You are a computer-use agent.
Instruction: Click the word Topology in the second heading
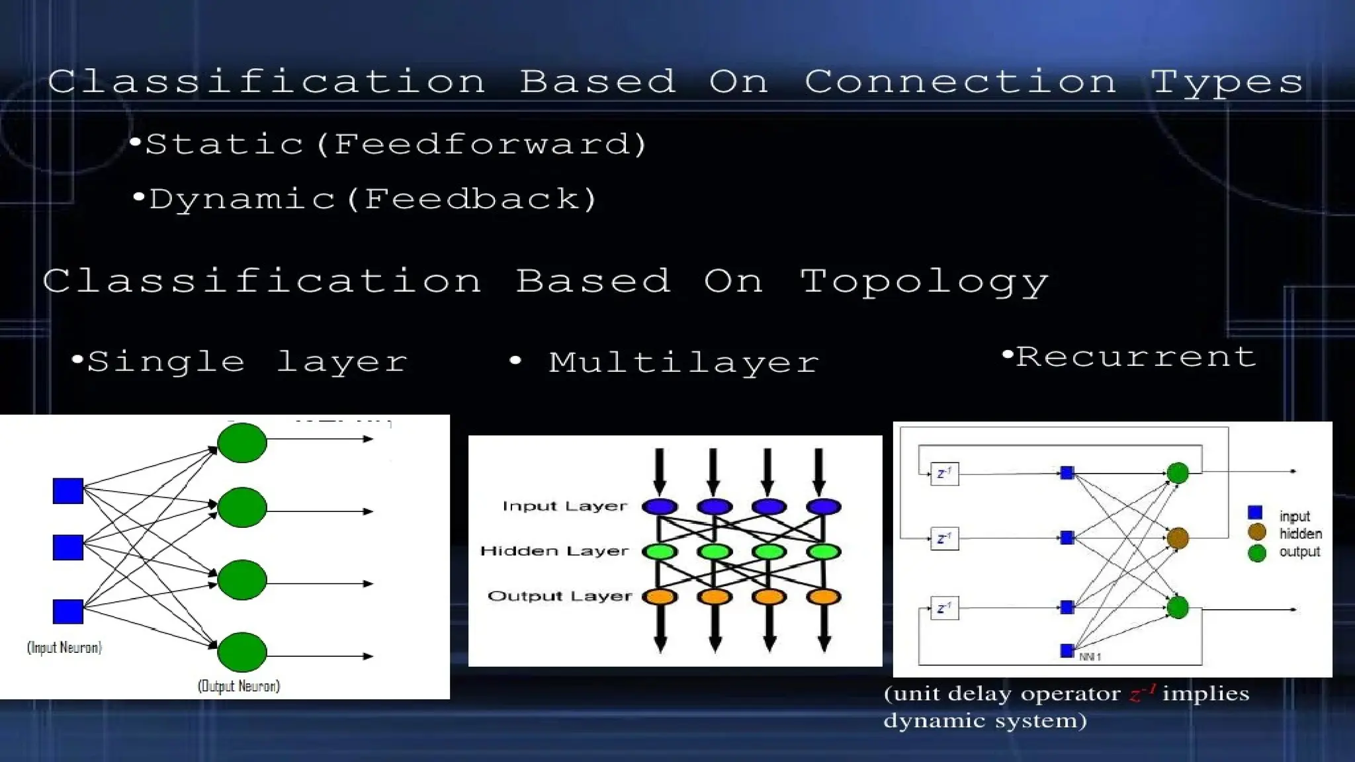924,282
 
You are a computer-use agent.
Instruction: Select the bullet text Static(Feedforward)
396,144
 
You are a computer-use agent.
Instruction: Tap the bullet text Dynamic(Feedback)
373,199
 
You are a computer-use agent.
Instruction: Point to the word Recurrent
1135,357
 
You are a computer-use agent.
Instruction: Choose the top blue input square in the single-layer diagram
68,491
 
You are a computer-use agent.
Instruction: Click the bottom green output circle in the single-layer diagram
242,652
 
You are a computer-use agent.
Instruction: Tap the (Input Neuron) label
64,648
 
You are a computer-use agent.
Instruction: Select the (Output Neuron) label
239,686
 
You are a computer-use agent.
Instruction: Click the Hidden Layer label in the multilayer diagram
554,551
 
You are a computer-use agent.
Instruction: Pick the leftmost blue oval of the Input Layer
660,507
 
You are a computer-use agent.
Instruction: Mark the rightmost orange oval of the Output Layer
824,597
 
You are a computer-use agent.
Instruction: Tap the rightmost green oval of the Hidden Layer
824,551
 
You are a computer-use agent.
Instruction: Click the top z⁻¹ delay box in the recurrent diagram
944,474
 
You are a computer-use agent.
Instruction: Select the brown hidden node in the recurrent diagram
1178,538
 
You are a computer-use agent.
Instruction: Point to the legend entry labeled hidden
1300,534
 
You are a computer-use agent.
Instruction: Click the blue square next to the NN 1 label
1067,651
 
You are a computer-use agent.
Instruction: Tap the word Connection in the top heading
961,83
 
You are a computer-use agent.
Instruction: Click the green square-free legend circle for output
1257,553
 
